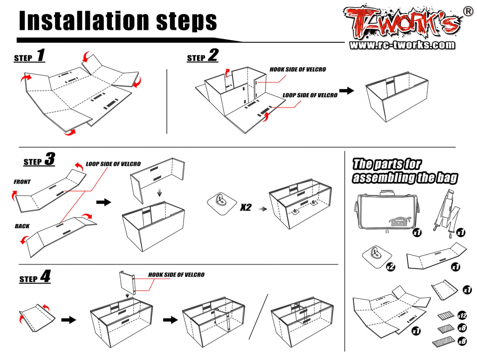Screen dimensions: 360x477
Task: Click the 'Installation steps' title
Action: point(118,20)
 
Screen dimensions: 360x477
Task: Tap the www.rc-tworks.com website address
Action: point(402,45)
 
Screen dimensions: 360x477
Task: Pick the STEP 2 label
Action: point(203,56)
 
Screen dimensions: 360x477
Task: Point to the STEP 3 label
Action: point(39,160)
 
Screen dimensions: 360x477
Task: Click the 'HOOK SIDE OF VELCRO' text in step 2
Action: point(298,70)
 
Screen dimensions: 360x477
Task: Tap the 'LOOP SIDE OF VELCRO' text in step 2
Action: point(310,95)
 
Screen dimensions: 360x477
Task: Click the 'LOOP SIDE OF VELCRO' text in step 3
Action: point(113,164)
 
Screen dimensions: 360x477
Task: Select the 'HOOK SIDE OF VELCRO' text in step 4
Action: point(176,275)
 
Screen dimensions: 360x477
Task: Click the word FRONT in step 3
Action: point(22,182)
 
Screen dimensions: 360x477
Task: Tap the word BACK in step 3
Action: point(22,226)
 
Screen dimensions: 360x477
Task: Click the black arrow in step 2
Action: point(346,91)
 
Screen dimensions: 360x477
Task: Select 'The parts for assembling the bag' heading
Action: point(404,171)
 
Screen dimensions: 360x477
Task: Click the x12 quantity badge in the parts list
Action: point(462,315)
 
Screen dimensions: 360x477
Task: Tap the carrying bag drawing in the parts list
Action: point(384,211)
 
